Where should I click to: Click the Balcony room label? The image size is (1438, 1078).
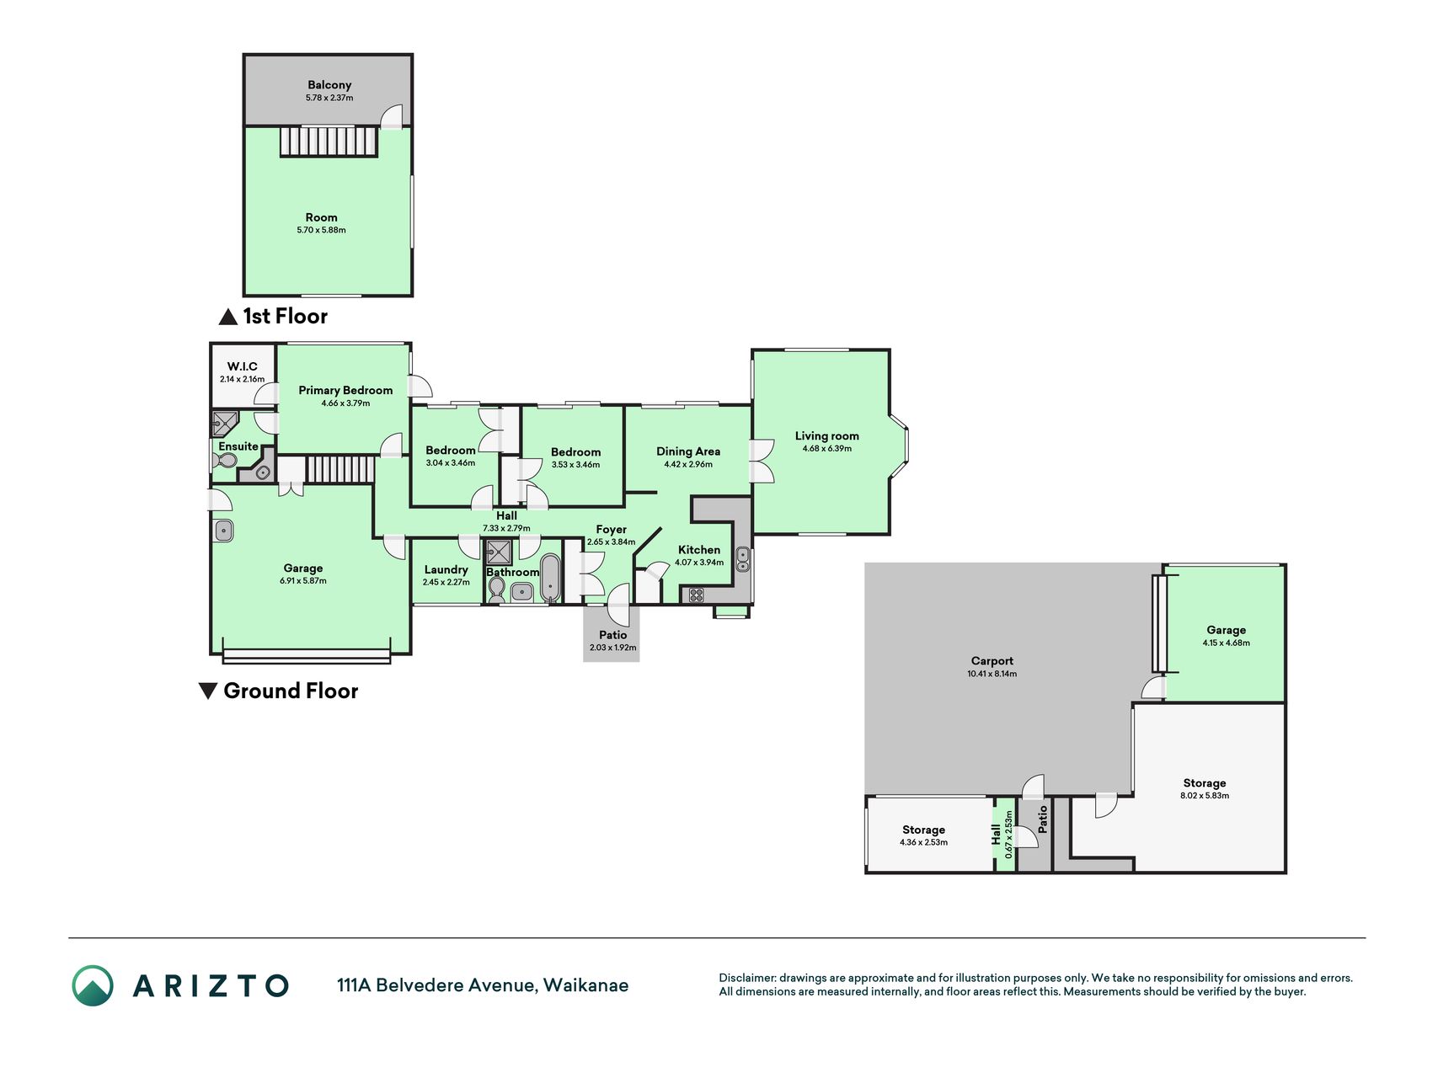329,85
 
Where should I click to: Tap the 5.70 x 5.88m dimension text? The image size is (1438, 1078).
321,230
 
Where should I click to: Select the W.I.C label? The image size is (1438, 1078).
243,366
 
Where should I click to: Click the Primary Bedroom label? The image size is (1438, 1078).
345,390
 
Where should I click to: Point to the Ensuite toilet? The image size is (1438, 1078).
225,462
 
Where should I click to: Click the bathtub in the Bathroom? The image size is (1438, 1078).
550,577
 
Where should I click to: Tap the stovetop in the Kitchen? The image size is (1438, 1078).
697,595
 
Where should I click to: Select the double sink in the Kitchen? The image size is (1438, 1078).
743,559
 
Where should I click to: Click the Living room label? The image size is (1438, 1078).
827,436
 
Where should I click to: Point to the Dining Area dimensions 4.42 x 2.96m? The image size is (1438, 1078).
688,464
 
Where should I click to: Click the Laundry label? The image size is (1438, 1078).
446,570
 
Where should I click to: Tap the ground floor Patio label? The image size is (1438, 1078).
613,635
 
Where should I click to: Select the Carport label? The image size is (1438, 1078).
992,661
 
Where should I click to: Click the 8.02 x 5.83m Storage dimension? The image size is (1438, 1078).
1205,796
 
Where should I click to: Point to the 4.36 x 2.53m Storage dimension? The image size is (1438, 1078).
923,842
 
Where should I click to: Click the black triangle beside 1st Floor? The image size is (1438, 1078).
227,317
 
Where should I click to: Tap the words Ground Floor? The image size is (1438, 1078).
291,691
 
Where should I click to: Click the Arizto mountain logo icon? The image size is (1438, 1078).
93,985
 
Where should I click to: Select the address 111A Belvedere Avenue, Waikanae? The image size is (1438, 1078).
483,985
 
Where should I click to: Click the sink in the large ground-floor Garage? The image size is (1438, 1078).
223,531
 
